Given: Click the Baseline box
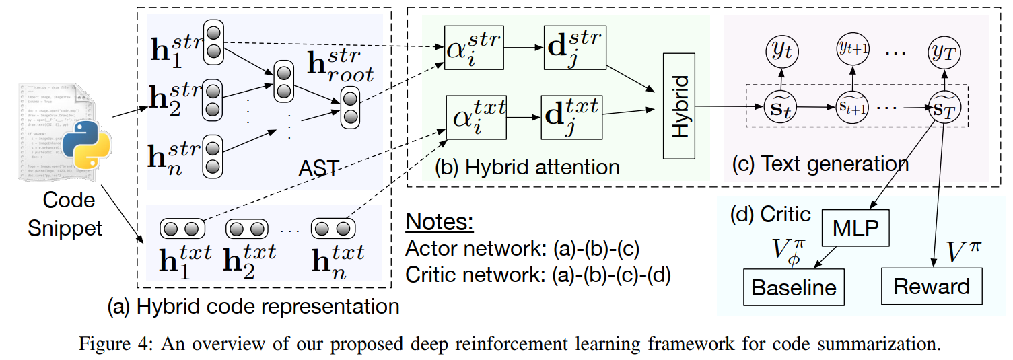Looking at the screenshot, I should pos(794,287).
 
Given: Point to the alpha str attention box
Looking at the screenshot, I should pos(475,48).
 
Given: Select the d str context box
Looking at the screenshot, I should pos(575,48).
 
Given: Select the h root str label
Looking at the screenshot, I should pos(341,65).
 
